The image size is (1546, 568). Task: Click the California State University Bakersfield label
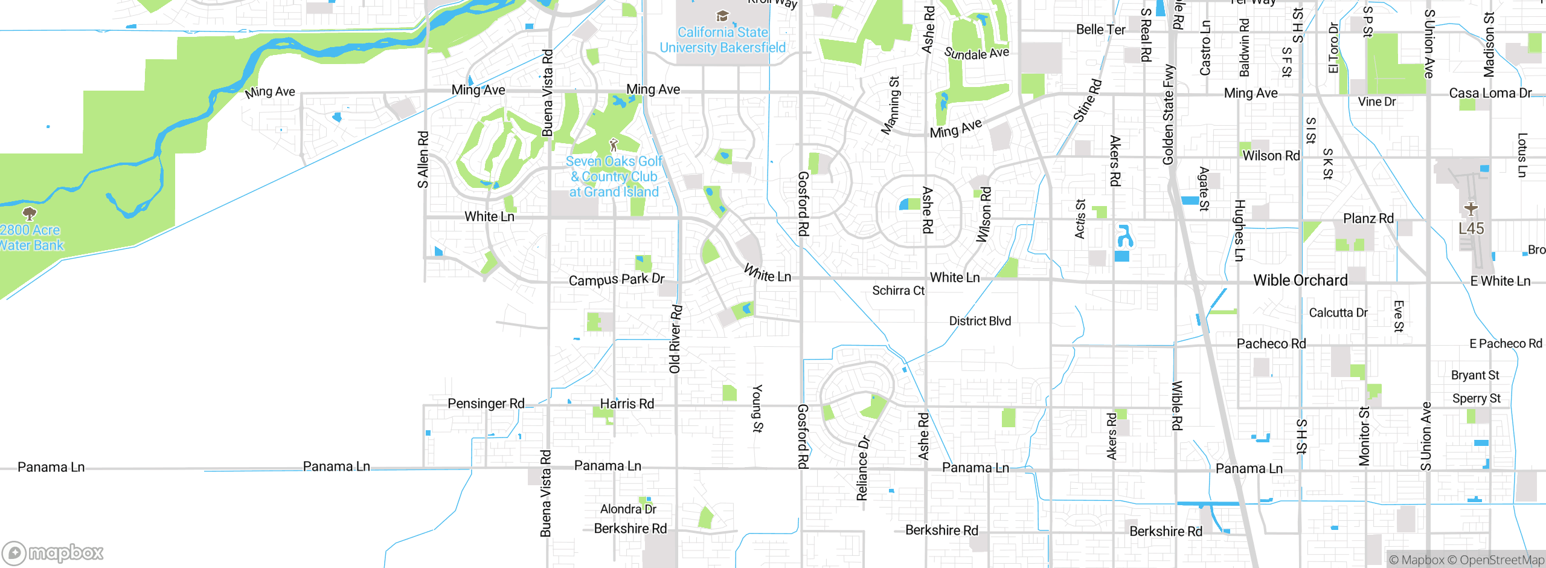click(722, 40)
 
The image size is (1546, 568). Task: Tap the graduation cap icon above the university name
click(722, 16)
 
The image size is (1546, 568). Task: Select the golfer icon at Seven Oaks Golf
click(614, 144)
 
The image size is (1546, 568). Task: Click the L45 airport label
click(1471, 228)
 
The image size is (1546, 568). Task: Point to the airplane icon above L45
click(1471, 208)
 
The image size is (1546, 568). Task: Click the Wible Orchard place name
click(1300, 280)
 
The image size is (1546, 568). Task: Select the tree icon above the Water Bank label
click(29, 213)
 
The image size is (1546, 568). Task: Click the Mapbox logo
click(53, 552)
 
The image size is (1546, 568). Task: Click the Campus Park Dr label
click(617, 280)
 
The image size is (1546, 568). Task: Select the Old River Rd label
click(675, 339)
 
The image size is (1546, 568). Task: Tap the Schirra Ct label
click(898, 291)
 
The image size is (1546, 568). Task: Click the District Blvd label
click(980, 321)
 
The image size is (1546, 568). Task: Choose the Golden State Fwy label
click(1169, 115)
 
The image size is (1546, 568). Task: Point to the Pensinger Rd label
click(486, 403)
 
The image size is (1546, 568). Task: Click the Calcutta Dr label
click(1338, 312)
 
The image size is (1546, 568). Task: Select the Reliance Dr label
click(862, 468)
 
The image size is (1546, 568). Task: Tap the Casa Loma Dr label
click(1490, 93)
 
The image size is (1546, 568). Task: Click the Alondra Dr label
click(628, 509)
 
